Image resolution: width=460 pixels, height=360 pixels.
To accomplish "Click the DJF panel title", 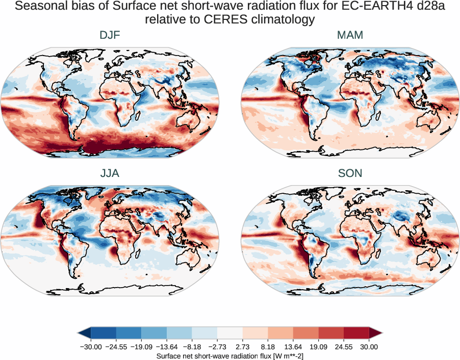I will click(110, 36).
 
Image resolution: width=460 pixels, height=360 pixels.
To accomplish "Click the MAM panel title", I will click(350, 36).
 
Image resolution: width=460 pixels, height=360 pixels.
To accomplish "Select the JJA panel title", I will click(110, 173).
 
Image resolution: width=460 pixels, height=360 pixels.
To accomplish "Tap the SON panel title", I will click(350, 173).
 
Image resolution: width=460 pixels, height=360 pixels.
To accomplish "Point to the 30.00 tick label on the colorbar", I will click(369, 347).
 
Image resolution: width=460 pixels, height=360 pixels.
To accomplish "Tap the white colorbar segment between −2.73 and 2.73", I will click(230, 333).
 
